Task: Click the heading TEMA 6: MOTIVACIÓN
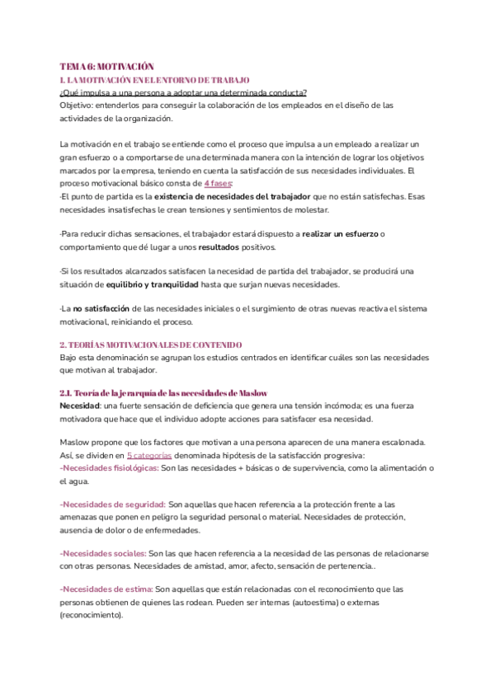tap(107, 66)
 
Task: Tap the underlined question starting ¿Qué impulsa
tap(183, 92)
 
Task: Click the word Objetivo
tap(78, 106)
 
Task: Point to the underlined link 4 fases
tap(218, 183)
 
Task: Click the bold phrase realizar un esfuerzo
tap(340, 235)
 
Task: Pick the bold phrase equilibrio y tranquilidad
tap(153, 285)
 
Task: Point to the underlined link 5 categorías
tap(149, 455)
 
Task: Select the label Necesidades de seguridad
tap(113, 504)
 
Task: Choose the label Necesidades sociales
tap(103, 553)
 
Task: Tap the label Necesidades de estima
tap(106, 589)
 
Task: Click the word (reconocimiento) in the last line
tap(96, 615)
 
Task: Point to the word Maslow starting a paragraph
tap(76, 443)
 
